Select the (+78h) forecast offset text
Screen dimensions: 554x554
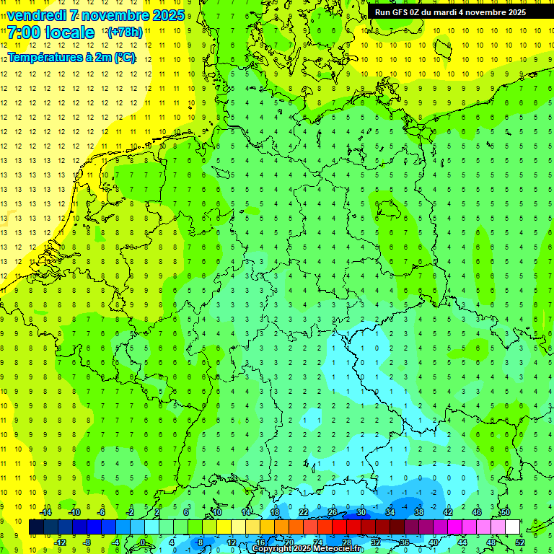tap(125, 32)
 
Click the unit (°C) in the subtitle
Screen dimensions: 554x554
tap(123, 57)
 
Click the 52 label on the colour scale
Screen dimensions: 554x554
tap(519, 542)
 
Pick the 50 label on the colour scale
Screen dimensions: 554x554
tap(505, 512)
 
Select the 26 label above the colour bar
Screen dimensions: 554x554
tap(332, 512)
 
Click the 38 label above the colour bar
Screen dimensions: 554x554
tap(418, 512)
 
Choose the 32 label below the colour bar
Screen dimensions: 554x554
tap(375, 542)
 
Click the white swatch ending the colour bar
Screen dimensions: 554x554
tap(512, 527)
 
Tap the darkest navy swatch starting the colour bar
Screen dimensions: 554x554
tap(36, 527)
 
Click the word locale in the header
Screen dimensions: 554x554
tap(68, 32)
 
